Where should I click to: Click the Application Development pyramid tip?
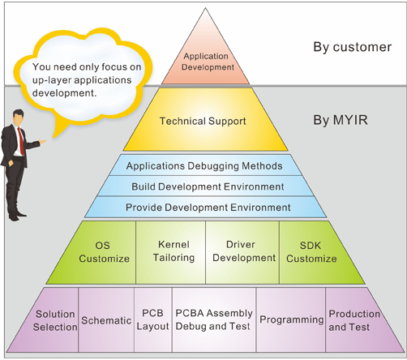tap(205, 58)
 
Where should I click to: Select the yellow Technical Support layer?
tap(205, 119)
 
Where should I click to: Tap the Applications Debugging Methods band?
tap(205, 165)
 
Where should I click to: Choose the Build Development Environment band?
tap(205, 186)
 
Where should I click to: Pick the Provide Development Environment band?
tap(205, 207)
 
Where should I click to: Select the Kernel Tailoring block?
tap(171, 252)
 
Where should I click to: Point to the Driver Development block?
tap(242, 252)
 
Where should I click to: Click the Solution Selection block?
tap(50, 320)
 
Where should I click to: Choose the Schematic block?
tap(106, 320)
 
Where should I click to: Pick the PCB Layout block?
tap(153, 320)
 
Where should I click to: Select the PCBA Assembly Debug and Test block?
tap(214, 320)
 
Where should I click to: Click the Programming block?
tap(291, 320)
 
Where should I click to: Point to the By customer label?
tap(352, 47)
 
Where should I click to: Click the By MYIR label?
tap(341, 120)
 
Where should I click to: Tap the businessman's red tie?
tap(21, 141)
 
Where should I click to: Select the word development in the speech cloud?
tap(64, 93)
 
